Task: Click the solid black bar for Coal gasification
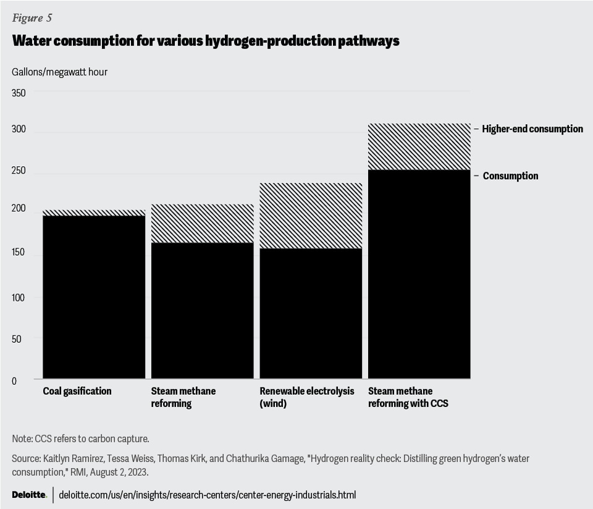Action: tap(94, 297)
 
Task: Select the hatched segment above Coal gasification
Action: tap(94, 212)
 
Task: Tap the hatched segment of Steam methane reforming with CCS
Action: tap(419, 146)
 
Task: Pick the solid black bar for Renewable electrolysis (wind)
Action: tap(311, 313)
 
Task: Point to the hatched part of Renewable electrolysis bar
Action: tap(311, 216)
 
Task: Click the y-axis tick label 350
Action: tap(19, 93)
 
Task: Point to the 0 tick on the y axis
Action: tap(14, 381)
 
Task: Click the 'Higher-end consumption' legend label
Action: tap(532, 129)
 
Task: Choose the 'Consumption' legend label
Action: tap(510, 176)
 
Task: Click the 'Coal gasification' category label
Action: tap(77, 391)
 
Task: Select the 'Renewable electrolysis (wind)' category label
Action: tap(307, 397)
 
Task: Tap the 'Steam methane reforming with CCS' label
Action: tap(408, 397)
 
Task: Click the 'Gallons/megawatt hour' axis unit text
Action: tap(59, 72)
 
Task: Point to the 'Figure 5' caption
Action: tap(32, 17)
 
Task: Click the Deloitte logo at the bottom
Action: tap(29, 495)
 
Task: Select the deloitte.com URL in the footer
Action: tap(207, 495)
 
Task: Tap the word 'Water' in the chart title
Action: tap(32, 41)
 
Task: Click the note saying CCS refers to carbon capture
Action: tap(80, 439)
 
